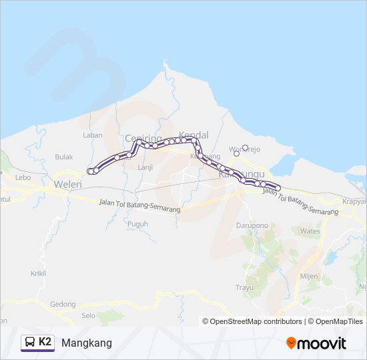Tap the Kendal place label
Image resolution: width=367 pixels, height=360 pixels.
point(194,134)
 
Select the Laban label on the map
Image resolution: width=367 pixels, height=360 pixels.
point(93,135)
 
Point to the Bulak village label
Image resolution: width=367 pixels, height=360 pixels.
point(64,157)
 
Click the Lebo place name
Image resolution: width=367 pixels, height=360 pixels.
point(23,177)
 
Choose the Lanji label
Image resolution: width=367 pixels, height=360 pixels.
point(145,167)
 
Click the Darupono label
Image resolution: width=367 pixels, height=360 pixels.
point(252,225)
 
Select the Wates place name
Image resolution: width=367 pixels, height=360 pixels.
point(310,231)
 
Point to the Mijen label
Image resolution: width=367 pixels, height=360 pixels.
point(309,275)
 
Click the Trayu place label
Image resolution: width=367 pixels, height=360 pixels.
point(245,288)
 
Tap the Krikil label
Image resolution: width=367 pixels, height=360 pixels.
point(39,273)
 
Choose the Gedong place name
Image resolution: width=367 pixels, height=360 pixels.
point(63,304)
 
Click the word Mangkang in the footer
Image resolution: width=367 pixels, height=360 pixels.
point(87,343)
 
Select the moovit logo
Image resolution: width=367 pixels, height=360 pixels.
point(316,343)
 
